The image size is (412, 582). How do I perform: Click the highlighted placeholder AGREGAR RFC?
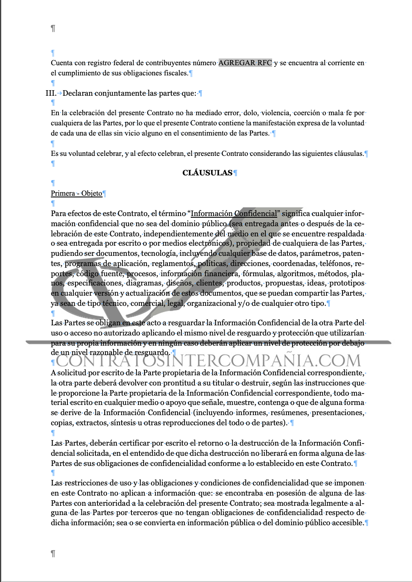pyautogui.click(x=245, y=63)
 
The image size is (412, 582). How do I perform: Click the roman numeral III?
pyautogui.click(x=50, y=93)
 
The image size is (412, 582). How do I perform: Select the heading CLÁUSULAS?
pyautogui.click(x=207, y=173)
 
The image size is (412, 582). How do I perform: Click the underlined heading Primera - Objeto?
pyautogui.click(x=77, y=193)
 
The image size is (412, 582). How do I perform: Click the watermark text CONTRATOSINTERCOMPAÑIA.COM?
pyautogui.click(x=208, y=361)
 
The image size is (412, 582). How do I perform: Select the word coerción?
pyautogui.click(x=306, y=113)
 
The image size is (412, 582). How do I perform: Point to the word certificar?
pyautogui.click(x=134, y=443)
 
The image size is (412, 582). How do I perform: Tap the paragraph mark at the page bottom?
pyautogui.click(x=53, y=554)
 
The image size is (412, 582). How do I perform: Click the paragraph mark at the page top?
pyautogui.click(x=53, y=28)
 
